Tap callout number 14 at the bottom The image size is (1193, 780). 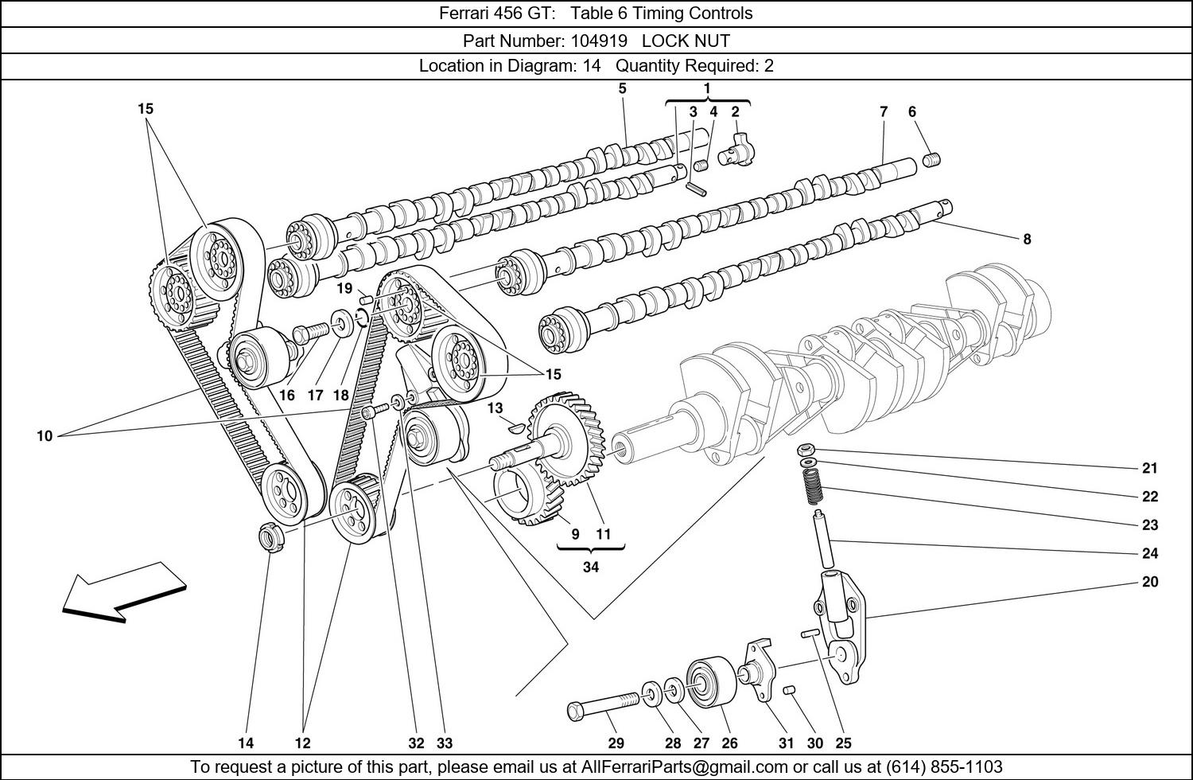(246, 743)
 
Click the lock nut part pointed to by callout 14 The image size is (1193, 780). (270, 537)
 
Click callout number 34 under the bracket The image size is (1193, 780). (591, 567)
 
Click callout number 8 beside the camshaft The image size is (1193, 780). (1027, 239)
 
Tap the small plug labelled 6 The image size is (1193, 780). (932, 162)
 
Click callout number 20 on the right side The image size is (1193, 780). (1150, 582)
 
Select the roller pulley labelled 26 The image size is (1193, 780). (705, 681)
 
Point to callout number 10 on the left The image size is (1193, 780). (44, 436)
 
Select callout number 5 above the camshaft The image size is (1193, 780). (622, 88)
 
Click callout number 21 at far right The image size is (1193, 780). (1150, 468)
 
